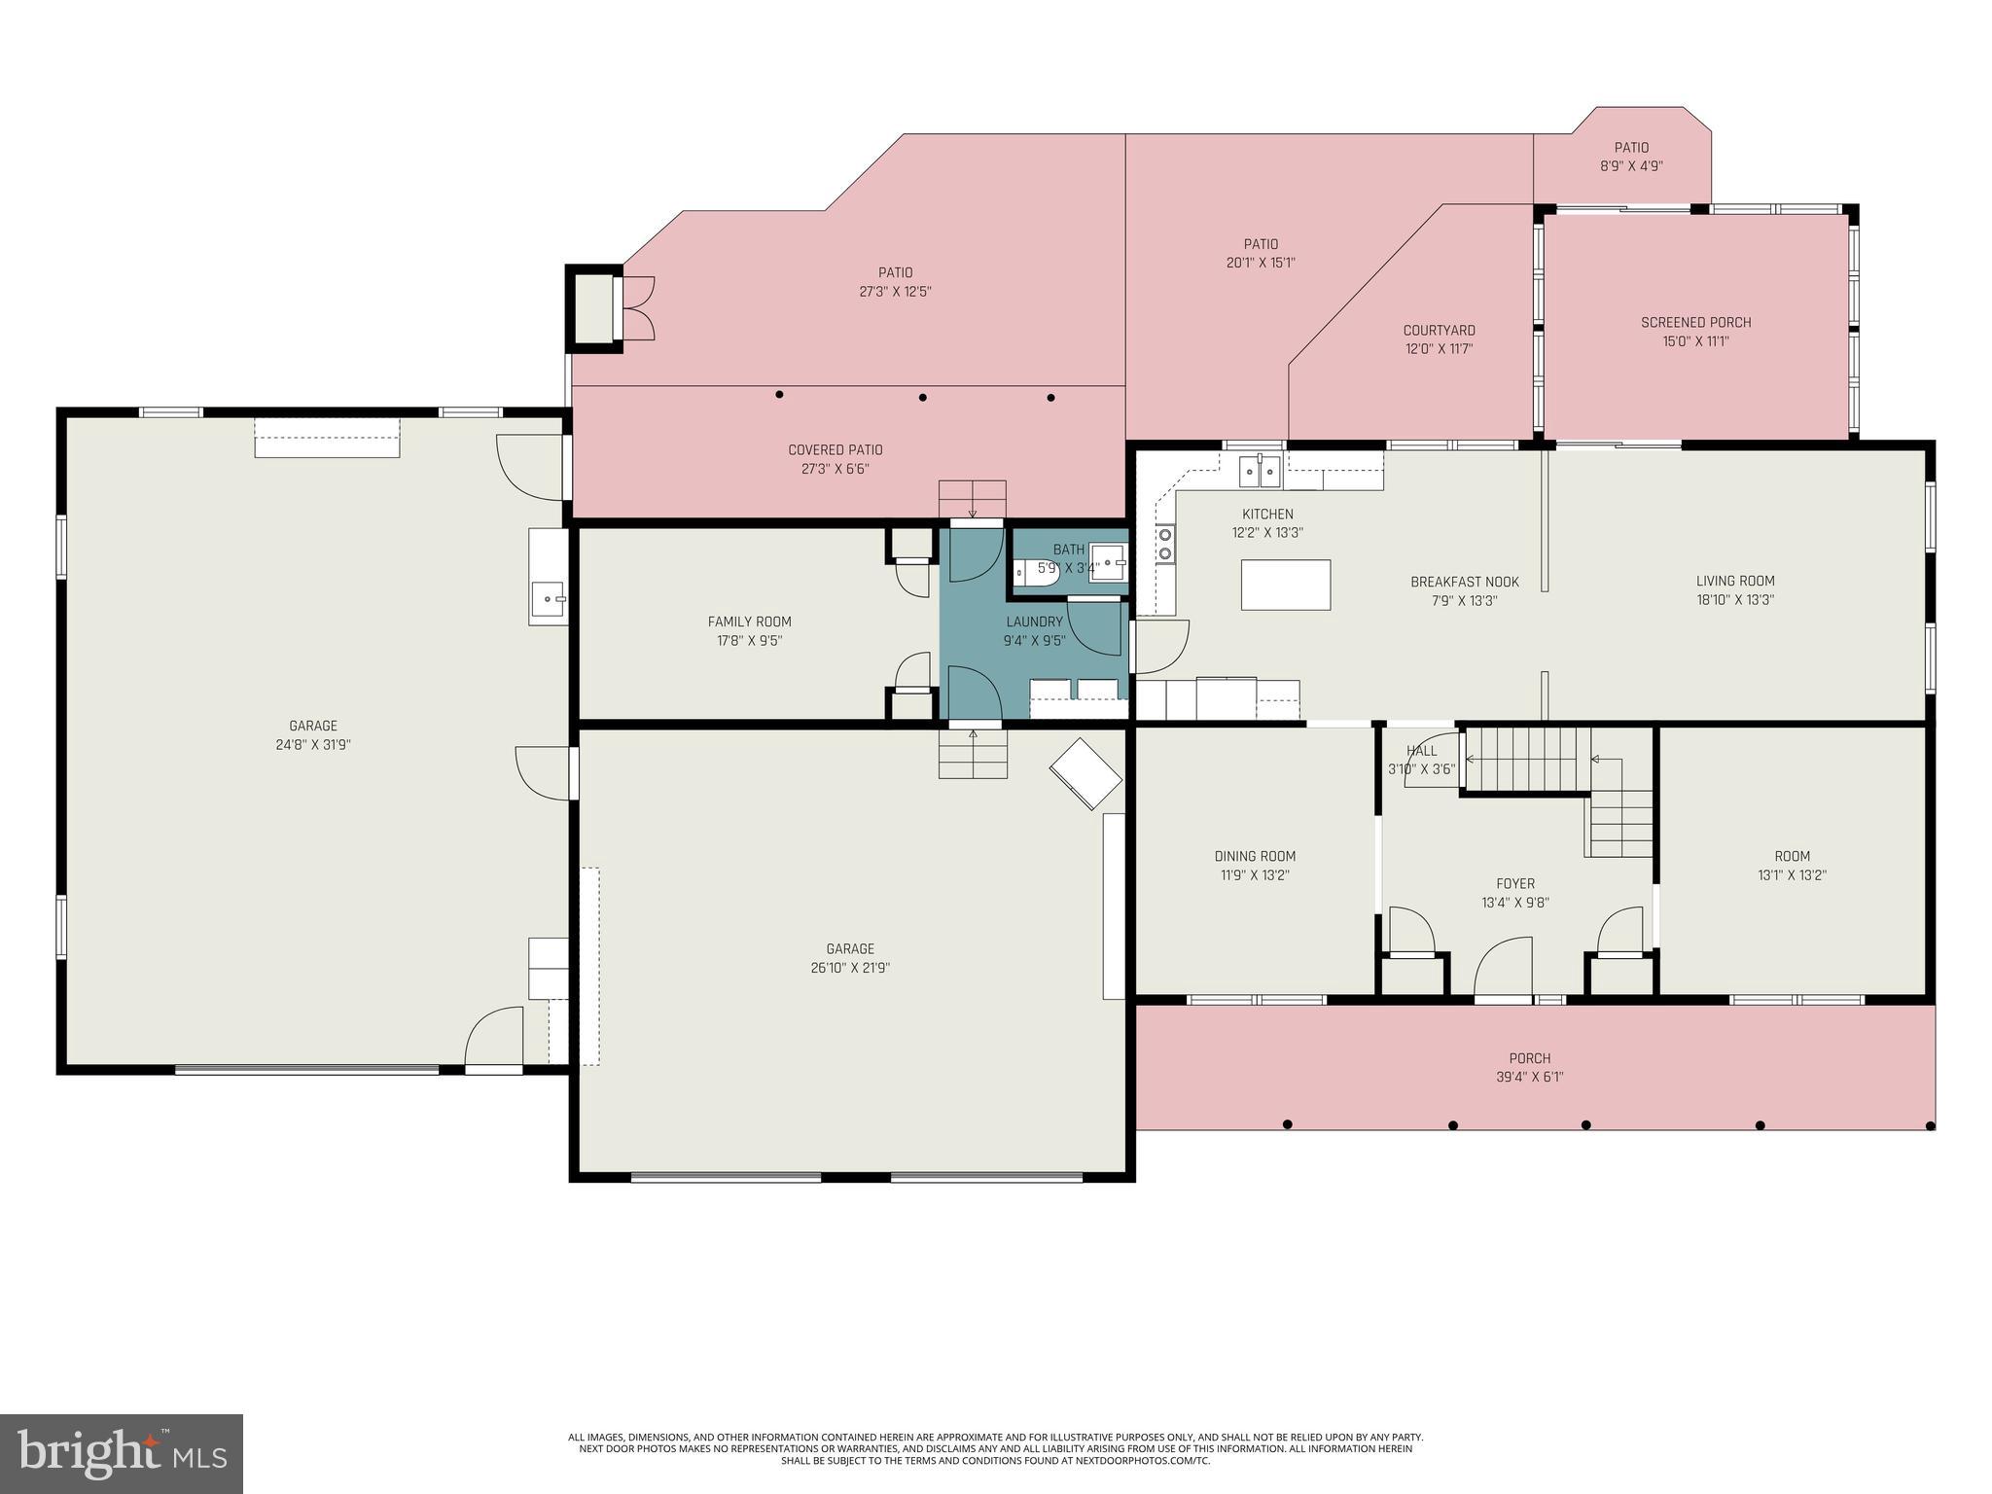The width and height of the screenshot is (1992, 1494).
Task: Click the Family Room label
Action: point(749,622)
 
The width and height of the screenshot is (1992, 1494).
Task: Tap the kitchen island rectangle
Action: point(1285,585)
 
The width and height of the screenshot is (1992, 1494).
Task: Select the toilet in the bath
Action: point(1034,574)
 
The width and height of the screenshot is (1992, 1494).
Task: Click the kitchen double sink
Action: point(1260,472)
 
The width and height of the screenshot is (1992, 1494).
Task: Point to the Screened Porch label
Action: point(1695,323)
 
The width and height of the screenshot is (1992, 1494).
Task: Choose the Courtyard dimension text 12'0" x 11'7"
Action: point(1439,349)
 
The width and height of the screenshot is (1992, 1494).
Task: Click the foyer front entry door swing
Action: point(1503,967)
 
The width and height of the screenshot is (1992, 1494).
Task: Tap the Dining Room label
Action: point(1255,856)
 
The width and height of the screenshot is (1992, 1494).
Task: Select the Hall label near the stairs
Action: point(1421,751)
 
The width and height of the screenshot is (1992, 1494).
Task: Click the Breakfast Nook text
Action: point(1464,583)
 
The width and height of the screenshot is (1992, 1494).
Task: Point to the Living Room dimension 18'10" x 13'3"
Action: point(1735,600)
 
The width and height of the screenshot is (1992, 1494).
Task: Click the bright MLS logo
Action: point(122,1453)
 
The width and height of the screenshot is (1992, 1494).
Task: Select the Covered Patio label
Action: point(835,450)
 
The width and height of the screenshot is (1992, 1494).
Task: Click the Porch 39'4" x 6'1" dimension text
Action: point(1529,1077)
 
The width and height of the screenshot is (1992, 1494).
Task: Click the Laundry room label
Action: point(1034,622)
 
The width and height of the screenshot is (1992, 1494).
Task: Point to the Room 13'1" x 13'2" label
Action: point(1792,856)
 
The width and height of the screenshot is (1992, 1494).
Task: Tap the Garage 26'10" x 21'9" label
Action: point(850,949)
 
